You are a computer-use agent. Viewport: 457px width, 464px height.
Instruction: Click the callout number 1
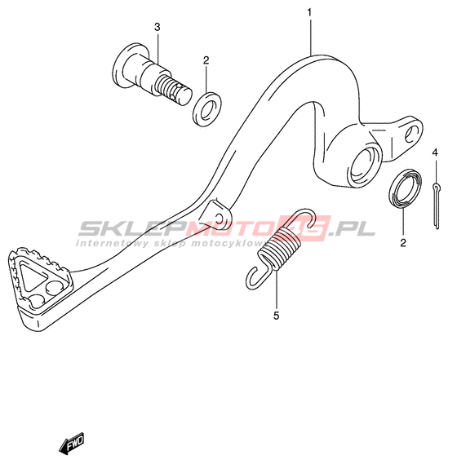[x=309, y=13]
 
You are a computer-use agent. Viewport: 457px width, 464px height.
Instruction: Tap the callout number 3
[x=158, y=27]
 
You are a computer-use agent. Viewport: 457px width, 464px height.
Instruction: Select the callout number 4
[x=434, y=152]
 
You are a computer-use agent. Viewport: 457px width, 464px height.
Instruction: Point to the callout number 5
[x=276, y=316]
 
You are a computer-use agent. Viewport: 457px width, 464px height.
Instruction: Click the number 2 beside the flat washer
[x=206, y=60]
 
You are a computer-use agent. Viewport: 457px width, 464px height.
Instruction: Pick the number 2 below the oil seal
[x=403, y=243]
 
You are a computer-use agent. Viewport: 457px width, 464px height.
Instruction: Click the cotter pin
[x=437, y=206]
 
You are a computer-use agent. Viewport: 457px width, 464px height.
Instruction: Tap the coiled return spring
[x=280, y=248]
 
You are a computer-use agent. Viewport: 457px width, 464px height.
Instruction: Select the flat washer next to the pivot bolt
[x=207, y=109]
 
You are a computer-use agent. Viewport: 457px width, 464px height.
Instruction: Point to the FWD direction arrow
[x=71, y=443]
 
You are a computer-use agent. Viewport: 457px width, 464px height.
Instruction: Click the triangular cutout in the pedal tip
[x=31, y=277]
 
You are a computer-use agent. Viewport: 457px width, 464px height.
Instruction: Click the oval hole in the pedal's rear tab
[x=412, y=134]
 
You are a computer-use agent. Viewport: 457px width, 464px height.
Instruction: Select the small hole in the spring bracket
[x=220, y=219]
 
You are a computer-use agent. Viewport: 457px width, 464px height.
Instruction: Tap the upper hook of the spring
[x=304, y=217]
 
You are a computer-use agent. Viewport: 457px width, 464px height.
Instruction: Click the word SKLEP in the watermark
[x=133, y=228]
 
